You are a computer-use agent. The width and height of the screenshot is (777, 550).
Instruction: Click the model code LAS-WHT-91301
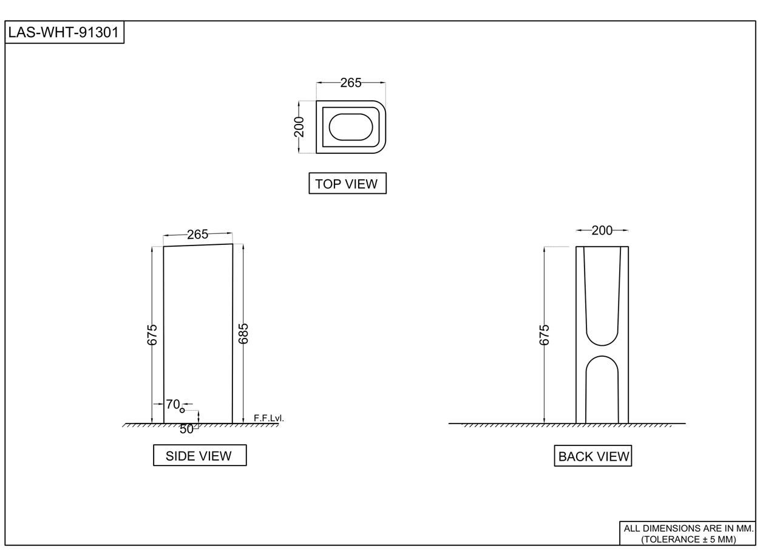[x=64, y=32]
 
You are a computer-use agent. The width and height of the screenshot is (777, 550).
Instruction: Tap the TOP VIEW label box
[x=347, y=184]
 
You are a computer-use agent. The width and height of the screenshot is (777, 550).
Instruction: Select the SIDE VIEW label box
[x=199, y=455]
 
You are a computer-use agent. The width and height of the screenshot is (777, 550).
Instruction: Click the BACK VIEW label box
[x=593, y=456]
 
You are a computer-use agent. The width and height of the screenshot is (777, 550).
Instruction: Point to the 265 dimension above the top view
[x=350, y=83]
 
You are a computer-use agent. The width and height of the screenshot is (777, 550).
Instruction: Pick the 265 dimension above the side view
[x=197, y=235]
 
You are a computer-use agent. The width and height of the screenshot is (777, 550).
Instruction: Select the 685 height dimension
[x=243, y=334]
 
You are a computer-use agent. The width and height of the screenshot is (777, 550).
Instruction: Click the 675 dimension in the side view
[x=152, y=335]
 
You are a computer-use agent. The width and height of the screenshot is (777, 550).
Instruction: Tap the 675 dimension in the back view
[x=545, y=335]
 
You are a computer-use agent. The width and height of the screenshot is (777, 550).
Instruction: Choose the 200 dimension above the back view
[x=602, y=230]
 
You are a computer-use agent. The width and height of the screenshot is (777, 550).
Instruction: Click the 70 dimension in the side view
[x=172, y=404]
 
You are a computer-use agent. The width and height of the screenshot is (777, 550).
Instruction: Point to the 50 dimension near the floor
[x=186, y=428]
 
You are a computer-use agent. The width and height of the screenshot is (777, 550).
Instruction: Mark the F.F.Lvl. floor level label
[x=268, y=418]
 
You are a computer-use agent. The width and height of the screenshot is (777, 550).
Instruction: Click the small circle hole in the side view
[x=182, y=411]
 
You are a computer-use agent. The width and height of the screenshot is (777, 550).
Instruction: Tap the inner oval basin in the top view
[x=351, y=127]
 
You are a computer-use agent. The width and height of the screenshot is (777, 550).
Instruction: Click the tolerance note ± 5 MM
[x=688, y=538]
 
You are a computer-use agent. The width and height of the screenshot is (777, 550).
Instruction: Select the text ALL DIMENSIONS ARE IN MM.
[x=688, y=528]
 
